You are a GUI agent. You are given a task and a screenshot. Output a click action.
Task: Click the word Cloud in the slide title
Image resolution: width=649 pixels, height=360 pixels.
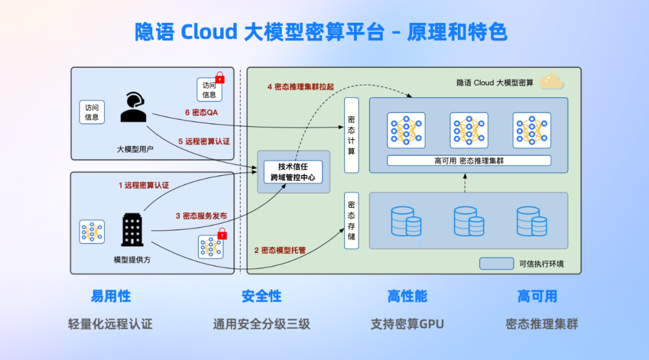(x=209, y=32)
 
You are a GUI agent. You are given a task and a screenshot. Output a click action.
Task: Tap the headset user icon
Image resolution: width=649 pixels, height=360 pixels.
(x=133, y=107)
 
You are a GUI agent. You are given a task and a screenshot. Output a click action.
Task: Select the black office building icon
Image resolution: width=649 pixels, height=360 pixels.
(x=132, y=230)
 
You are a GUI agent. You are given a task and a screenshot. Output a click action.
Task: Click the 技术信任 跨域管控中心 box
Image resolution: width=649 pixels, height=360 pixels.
(x=293, y=172)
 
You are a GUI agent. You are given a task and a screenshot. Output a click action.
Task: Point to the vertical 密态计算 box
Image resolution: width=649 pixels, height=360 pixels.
(x=352, y=135)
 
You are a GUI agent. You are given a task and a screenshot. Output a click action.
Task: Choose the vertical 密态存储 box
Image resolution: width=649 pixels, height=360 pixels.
(x=352, y=221)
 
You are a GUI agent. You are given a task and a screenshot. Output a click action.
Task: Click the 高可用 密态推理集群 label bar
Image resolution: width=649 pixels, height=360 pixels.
(x=469, y=160)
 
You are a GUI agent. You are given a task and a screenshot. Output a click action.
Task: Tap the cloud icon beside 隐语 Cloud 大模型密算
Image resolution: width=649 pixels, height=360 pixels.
(x=551, y=81)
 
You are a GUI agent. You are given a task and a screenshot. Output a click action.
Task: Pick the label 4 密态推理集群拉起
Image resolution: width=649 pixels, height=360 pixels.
(x=300, y=87)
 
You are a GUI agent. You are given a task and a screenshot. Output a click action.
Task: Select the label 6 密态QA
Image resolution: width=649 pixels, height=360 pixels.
(x=201, y=112)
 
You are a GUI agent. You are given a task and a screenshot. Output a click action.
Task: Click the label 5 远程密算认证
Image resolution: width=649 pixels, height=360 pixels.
(x=204, y=141)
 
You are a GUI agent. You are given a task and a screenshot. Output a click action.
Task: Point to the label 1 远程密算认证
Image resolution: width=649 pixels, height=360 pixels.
(x=144, y=185)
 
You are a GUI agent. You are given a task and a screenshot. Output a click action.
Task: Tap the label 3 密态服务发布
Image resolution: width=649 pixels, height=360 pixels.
(x=201, y=216)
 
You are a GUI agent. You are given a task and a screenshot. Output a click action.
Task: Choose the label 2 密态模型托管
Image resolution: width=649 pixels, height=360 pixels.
(x=280, y=251)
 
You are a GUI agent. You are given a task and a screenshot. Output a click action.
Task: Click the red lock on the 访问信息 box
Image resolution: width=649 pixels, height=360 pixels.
(x=220, y=78)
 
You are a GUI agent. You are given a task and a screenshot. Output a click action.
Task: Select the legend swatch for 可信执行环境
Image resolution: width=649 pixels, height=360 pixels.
(x=497, y=264)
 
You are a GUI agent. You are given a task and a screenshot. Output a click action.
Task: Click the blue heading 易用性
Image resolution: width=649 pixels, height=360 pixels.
(x=111, y=296)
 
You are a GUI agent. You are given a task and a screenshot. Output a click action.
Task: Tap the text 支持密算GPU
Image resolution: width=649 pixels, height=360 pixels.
(x=407, y=324)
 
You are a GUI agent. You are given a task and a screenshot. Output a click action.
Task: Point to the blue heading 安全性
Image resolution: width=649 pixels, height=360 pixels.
(x=261, y=296)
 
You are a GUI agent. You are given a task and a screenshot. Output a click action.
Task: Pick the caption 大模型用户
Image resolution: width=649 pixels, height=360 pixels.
(x=135, y=150)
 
